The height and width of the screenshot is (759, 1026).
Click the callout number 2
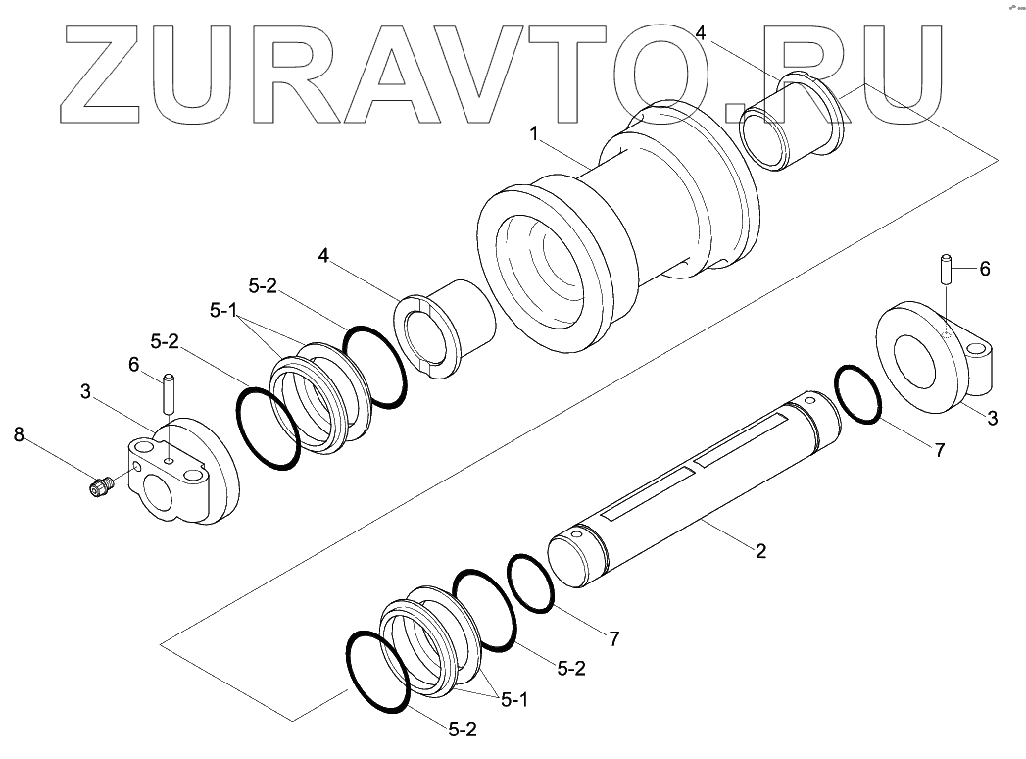(x=758, y=550)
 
